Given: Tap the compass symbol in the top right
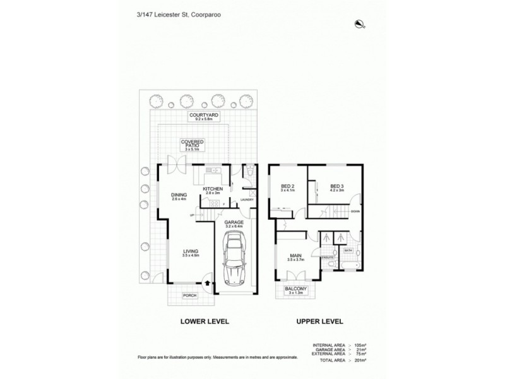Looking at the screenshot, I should click(x=360, y=25).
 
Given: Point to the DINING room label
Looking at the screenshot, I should click(x=180, y=196).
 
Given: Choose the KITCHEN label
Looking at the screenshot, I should click(x=211, y=190).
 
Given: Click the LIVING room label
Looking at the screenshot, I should click(x=190, y=253).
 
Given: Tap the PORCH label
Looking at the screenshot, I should click(x=190, y=296).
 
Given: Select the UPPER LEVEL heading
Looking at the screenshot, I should click(x=320, y=322).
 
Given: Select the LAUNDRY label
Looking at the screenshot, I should click(x=246, y=200).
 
